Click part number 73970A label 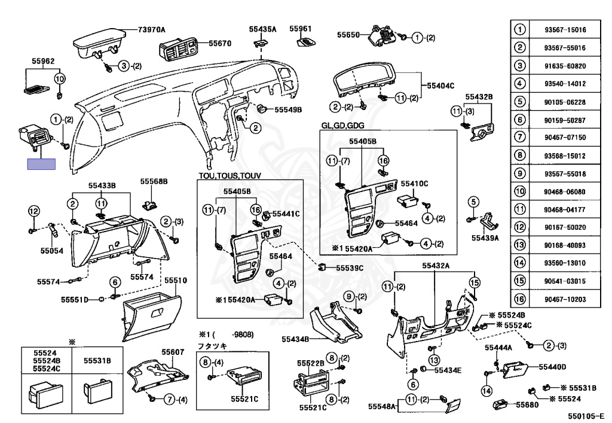coord(151,29)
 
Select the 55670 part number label coord(219,43)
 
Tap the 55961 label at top coord(301,28)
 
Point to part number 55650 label coord(348,35)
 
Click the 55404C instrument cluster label coord(440,86)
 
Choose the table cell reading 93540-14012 coord(565,84)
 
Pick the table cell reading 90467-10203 coord(565,299)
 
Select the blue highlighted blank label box coord(42,164)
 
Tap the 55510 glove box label coord(176,280)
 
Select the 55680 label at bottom coord(527,405)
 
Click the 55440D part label coord(552,367)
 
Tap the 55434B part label coord(295,339)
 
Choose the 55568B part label coord(154,181)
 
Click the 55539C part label coord(349,268)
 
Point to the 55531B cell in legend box coord(97,361)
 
